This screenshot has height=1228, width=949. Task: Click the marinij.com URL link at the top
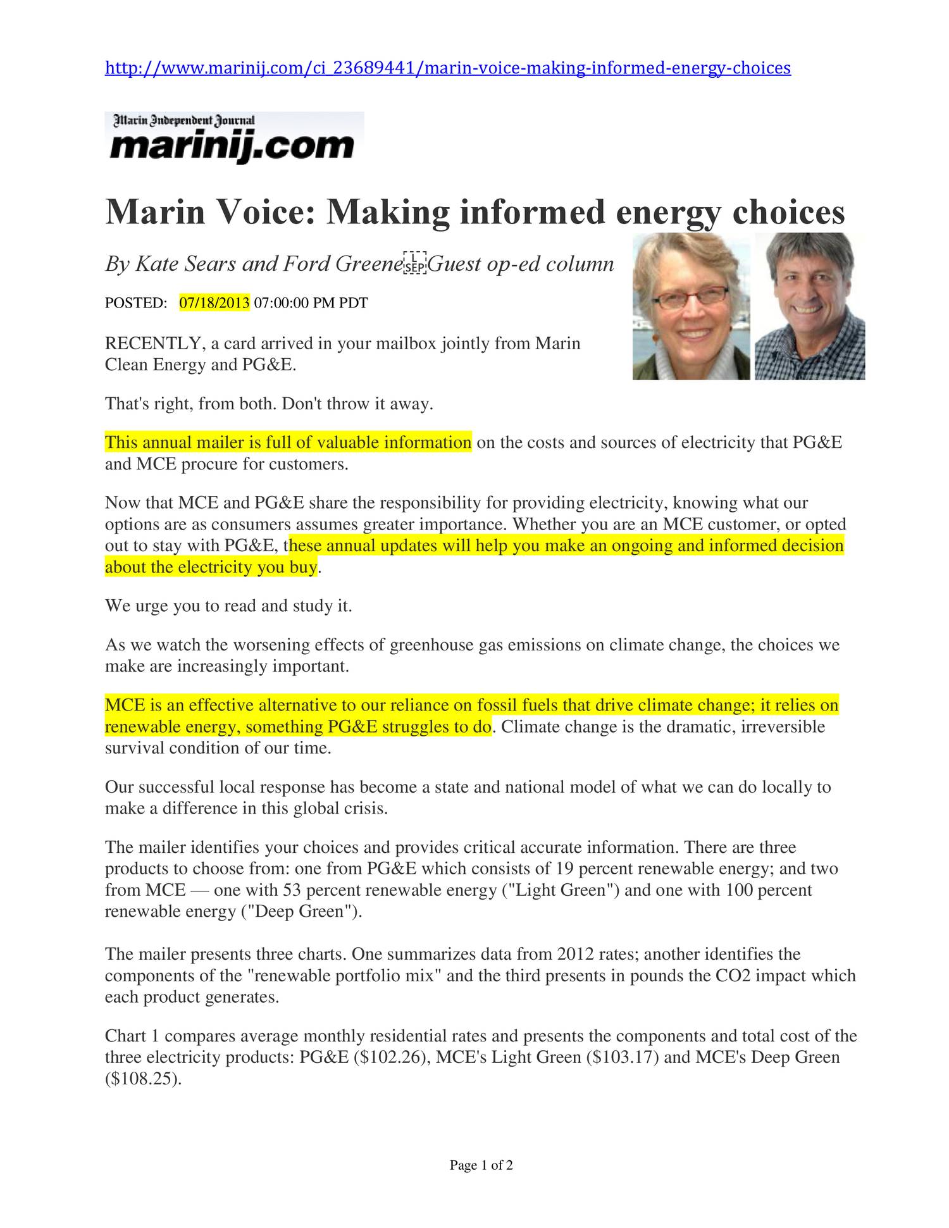pyautogui.click(x=447, y=68)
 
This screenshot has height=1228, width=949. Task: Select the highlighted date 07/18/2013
pyautogui.click(x=214, y=302)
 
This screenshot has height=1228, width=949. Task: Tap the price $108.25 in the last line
pyautogui.click(x=142, y=1079)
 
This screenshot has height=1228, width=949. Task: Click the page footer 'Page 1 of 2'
pyautogui.click(x=481, y=1165)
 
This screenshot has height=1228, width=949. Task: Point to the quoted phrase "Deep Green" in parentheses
pyautogui.click(x=301, y=912)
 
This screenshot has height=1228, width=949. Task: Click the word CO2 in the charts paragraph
pyautogui.click(x=733, y=975)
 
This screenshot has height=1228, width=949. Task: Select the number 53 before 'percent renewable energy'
pyautogui.click(x=292, y=890)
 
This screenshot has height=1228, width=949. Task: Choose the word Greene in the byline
pyautogui.click(x=369, y=263)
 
